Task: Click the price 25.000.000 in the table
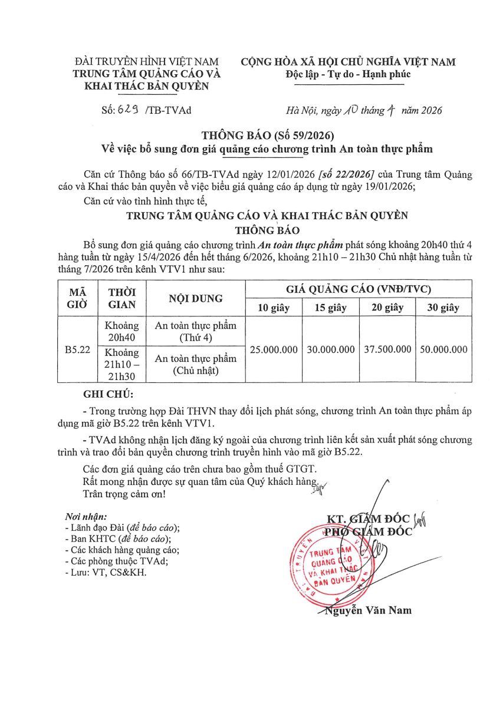tap(274, 349)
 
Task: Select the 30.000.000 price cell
tap(331, 349)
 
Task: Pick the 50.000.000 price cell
tap(443, 349)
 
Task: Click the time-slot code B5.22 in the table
tap(77, 349)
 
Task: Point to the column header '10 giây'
tap(274, 308)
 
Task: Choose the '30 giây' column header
tap(443, 308)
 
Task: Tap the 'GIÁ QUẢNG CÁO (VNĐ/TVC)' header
tap(359, 289)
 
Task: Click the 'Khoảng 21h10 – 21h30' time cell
tap(122, 364)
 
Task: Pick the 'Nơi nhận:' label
tap(86, 517)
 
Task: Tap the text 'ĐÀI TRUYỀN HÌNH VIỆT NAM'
tap(147, 62)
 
